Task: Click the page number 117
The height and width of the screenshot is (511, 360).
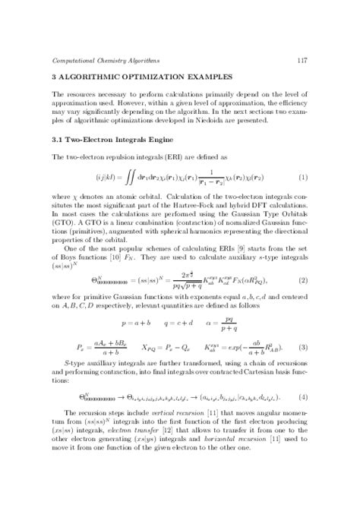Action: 302,59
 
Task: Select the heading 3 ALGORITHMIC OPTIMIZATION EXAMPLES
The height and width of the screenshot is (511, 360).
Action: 135,77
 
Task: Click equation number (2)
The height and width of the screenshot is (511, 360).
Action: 302,282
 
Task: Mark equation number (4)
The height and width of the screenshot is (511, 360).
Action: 302,417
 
